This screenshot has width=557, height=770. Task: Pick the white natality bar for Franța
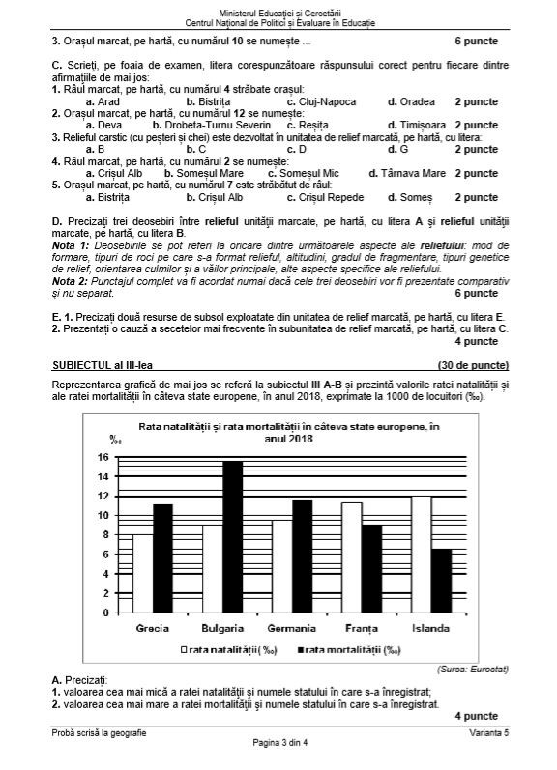[x=351, y=557]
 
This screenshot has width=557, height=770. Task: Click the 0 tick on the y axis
[x=104, y=613]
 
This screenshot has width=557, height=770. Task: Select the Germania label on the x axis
[x=290, y=628]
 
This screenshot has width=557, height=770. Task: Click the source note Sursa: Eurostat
[x=467, y=668]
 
